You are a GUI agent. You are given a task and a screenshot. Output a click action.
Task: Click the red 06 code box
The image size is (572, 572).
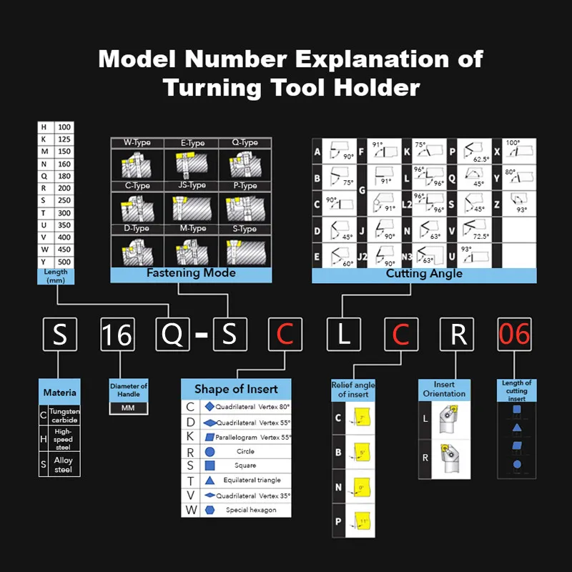point(515,334)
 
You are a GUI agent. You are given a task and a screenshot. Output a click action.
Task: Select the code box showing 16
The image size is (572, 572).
point(117,334)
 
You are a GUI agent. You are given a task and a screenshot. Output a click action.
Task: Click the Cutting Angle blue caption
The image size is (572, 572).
point(424,274)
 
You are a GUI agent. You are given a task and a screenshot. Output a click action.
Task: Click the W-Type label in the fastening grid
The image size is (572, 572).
point(137,143)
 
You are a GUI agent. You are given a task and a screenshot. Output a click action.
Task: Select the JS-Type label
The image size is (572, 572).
point(192,186)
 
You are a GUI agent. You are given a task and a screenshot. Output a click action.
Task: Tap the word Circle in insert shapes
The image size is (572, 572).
point(245,452)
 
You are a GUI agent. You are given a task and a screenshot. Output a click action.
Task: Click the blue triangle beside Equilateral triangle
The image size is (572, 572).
point(209,480)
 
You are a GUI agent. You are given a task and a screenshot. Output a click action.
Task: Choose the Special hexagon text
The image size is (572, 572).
point(247,510)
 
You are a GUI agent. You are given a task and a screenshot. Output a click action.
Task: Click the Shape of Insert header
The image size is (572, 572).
point(237,389)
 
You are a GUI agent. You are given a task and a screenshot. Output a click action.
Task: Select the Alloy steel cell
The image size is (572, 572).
point(64,465)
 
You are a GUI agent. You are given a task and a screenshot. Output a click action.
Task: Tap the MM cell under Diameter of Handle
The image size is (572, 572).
point(129,408)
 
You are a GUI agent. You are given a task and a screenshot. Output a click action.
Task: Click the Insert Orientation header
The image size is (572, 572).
point(444,389)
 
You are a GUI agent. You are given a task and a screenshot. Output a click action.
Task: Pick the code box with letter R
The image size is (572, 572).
point(457,334)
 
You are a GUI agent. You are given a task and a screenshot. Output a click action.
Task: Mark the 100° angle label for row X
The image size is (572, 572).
point(513,143)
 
